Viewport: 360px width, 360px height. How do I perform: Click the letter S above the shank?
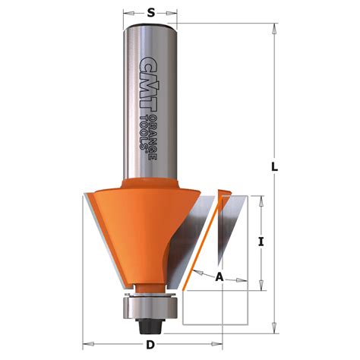[150, 13]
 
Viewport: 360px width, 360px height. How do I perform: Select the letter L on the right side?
[278, 167]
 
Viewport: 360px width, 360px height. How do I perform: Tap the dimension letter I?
[261, 242]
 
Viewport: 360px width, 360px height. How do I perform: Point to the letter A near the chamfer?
[220, 277]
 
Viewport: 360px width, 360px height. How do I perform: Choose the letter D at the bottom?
[152, 346]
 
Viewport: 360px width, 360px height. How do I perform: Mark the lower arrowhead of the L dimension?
[272, 330]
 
